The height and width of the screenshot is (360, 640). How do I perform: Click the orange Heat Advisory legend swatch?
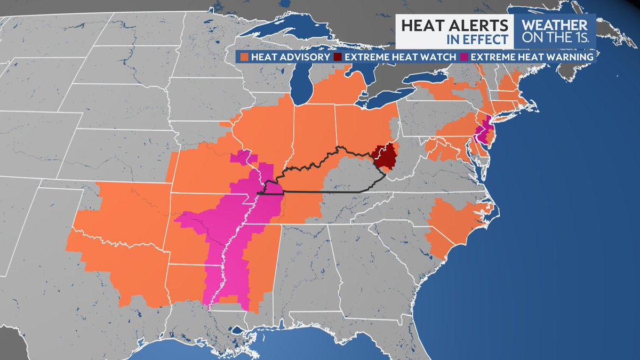pyautogui.click(x=244, y=57)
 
